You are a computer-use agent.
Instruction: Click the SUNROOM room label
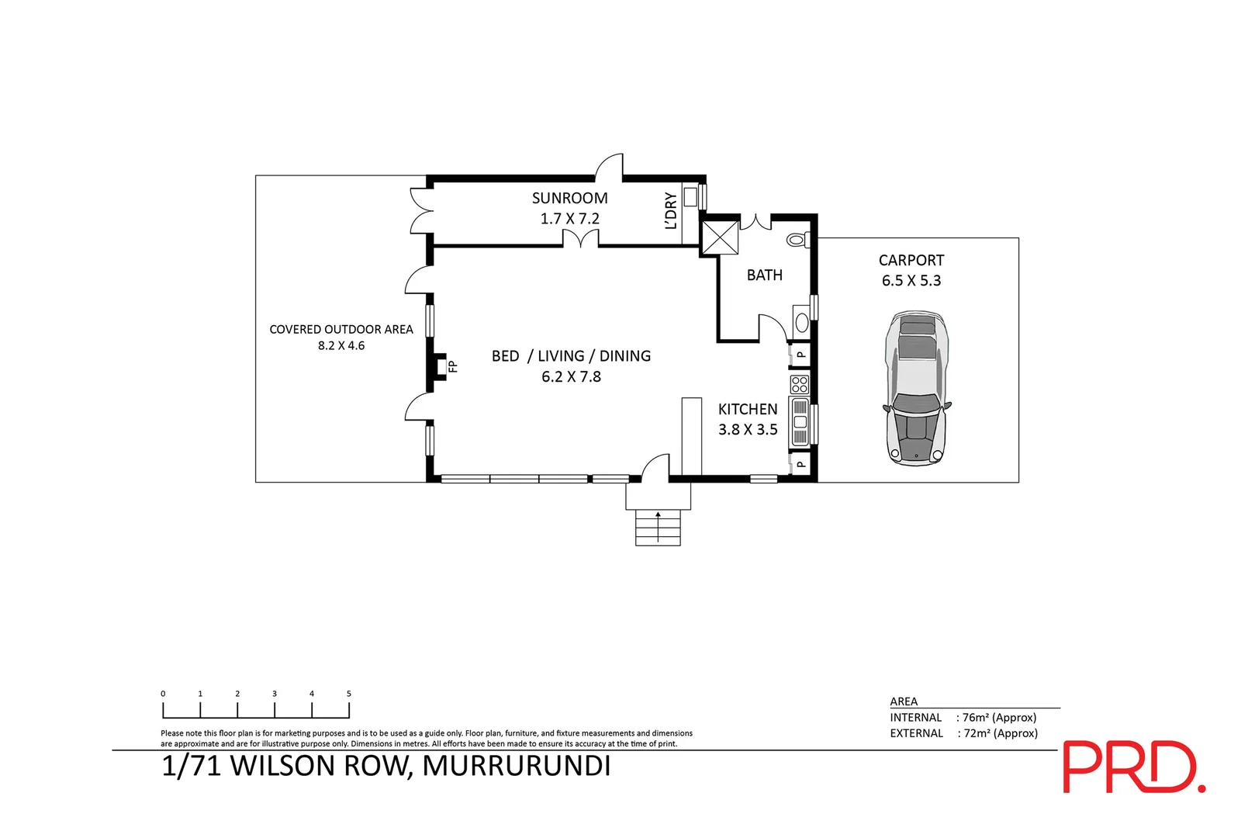[x=569, y=199]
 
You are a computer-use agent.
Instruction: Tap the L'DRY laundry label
[x=671, y=211]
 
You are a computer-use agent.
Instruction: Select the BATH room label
[x=764, y=275]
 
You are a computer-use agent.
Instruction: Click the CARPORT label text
[x=911, y=261]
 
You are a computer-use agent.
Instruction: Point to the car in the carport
[x=916, y=388]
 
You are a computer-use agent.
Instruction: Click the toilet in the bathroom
[x=797, y=240]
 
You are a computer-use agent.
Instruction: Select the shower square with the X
[x=720, y=237]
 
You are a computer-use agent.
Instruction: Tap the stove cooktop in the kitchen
[x=799, y=384]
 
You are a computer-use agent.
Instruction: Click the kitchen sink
[x=800, y=422]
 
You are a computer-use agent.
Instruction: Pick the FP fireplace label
[x=454, y=366]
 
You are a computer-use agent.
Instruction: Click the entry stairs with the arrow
[x=658, y=527]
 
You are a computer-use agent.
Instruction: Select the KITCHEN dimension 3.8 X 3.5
[x=748, y=430]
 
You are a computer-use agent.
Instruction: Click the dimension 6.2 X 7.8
[x=571, y=377]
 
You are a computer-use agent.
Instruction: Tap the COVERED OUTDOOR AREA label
[x=341, y=330]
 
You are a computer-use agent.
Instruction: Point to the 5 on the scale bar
[x=349, y=694]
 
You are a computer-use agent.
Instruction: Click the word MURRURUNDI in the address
[x=517, y=766]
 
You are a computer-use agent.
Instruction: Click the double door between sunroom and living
[x=580, y=240]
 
